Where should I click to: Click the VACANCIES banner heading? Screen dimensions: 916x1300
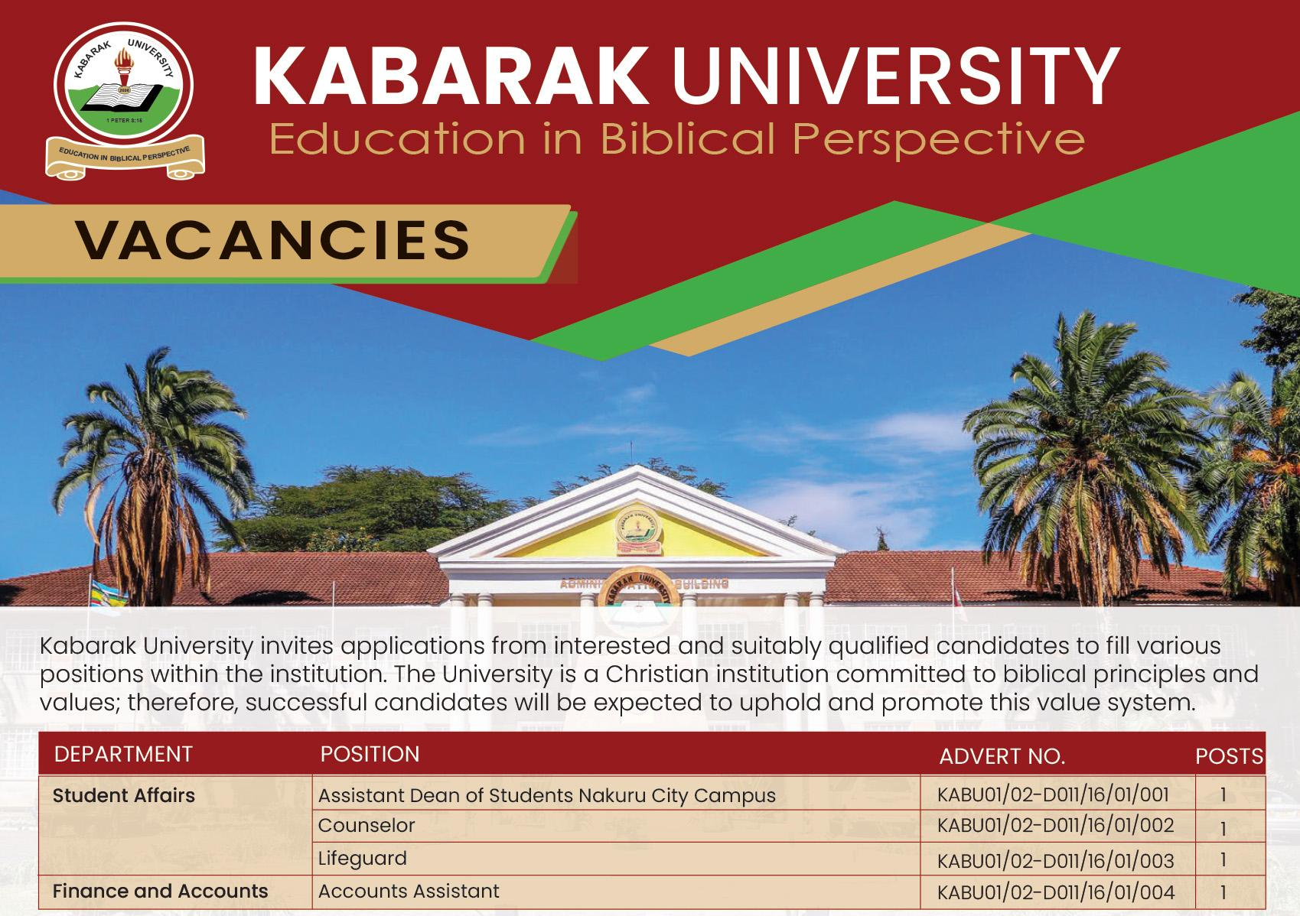[x=272, y=239]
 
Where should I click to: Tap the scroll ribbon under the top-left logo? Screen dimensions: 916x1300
[x=125, y=157]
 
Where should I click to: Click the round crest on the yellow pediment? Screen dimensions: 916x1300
[x=636, y=528]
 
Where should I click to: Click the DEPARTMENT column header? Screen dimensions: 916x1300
[x=123, y=754]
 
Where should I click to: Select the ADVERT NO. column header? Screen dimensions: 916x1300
[x=1002, y=756]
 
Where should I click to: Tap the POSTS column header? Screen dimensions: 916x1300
[x=1229, y=756]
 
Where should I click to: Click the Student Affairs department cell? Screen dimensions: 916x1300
[x=124, y=795]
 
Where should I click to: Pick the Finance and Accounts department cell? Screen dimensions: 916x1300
[x=160, y=891]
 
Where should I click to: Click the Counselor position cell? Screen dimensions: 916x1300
[x=367, y=826]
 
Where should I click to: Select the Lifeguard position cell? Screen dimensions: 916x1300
[x=363, y=858]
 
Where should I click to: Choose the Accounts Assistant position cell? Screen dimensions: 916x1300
[x=409, y=891]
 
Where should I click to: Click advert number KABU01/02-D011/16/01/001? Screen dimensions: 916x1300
[x=1053, y=794]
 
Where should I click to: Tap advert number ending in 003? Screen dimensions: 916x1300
[x=1055, y=861]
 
